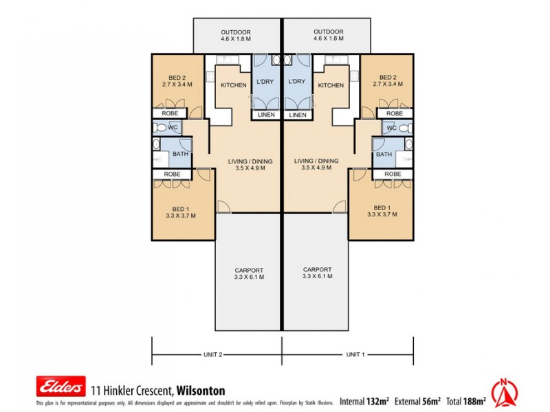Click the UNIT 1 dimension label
coord(355,354)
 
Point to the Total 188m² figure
coord(467,400)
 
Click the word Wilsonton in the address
coord(201,390)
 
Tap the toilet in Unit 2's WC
coord(159,128)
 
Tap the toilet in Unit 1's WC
coord(406,128)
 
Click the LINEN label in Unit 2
coord(265,115)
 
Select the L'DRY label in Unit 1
coord(298,81)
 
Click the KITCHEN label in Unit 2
coord(233,85)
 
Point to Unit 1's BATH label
coord(384,154)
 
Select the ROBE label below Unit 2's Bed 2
coord(170,113)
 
